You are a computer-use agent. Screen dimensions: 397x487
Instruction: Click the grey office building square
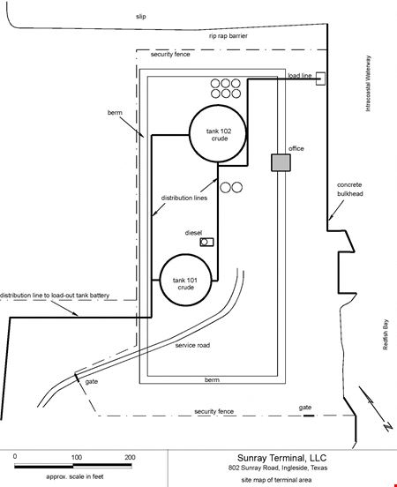(x=281, y=162)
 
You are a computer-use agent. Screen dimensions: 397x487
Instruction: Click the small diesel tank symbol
(x=206, y=242)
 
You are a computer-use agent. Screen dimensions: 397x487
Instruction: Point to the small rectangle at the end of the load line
(x=320, y=79)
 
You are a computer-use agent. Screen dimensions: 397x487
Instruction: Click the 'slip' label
(x=141, y=16)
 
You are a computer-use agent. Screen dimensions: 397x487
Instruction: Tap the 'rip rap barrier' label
(x=228, y=36)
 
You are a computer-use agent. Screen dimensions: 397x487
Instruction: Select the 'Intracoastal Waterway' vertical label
(x=368, y=83)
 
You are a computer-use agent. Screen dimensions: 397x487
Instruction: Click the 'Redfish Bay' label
(x=386, y=334)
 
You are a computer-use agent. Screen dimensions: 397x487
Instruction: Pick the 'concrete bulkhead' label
(x=349, y=189)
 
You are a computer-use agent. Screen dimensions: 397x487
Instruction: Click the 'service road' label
(x=192, y=345)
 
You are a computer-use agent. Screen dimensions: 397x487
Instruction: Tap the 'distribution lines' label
(x=184, y=198)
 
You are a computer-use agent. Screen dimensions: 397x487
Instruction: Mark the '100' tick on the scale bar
(x=77, y=457)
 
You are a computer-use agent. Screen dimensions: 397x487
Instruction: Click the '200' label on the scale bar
(x=130, y=457)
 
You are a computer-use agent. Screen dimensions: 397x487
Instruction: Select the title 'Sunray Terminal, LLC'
(x=281, y=458)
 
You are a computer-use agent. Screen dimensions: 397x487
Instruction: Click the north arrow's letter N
(x=387, y=427)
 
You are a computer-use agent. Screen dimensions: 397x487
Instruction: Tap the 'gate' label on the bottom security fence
(x=305, y=408)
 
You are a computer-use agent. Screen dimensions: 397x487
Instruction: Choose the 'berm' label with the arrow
(x=115, y=112)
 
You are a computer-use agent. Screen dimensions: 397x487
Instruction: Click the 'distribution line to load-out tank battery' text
(x=55, y=295)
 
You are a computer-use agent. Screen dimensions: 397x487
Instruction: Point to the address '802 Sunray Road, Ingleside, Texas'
(x=278, y=468)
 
